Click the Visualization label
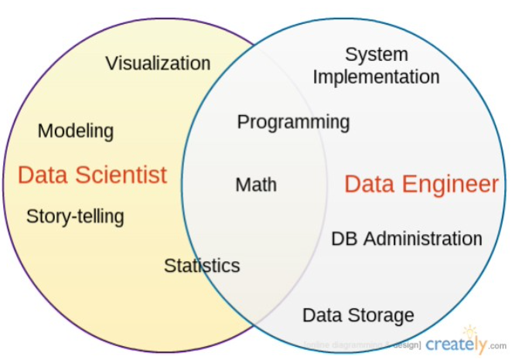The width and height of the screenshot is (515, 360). click(x=158, y=63)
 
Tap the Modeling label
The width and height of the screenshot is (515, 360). click(x=76, y=131)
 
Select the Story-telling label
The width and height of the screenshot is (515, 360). click(x=75, y=216)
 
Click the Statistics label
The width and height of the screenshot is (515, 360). click(x=202, y=266)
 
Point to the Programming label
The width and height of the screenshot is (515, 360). click(x=293, y=122)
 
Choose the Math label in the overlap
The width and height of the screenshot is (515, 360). click(x=256, y=185)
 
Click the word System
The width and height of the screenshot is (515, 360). click(x=377, y=55)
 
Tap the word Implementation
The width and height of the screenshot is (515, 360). click(x=377, y=76)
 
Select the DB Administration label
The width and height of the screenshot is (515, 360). click(x=406, y=239)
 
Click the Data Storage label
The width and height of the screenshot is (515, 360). click(x=358, y=315)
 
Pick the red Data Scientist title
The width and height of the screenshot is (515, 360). click(x=92, y=175)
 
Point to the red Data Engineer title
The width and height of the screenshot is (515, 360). click(x=421, y=184)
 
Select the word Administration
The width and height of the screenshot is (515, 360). click(x=422, y=239)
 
